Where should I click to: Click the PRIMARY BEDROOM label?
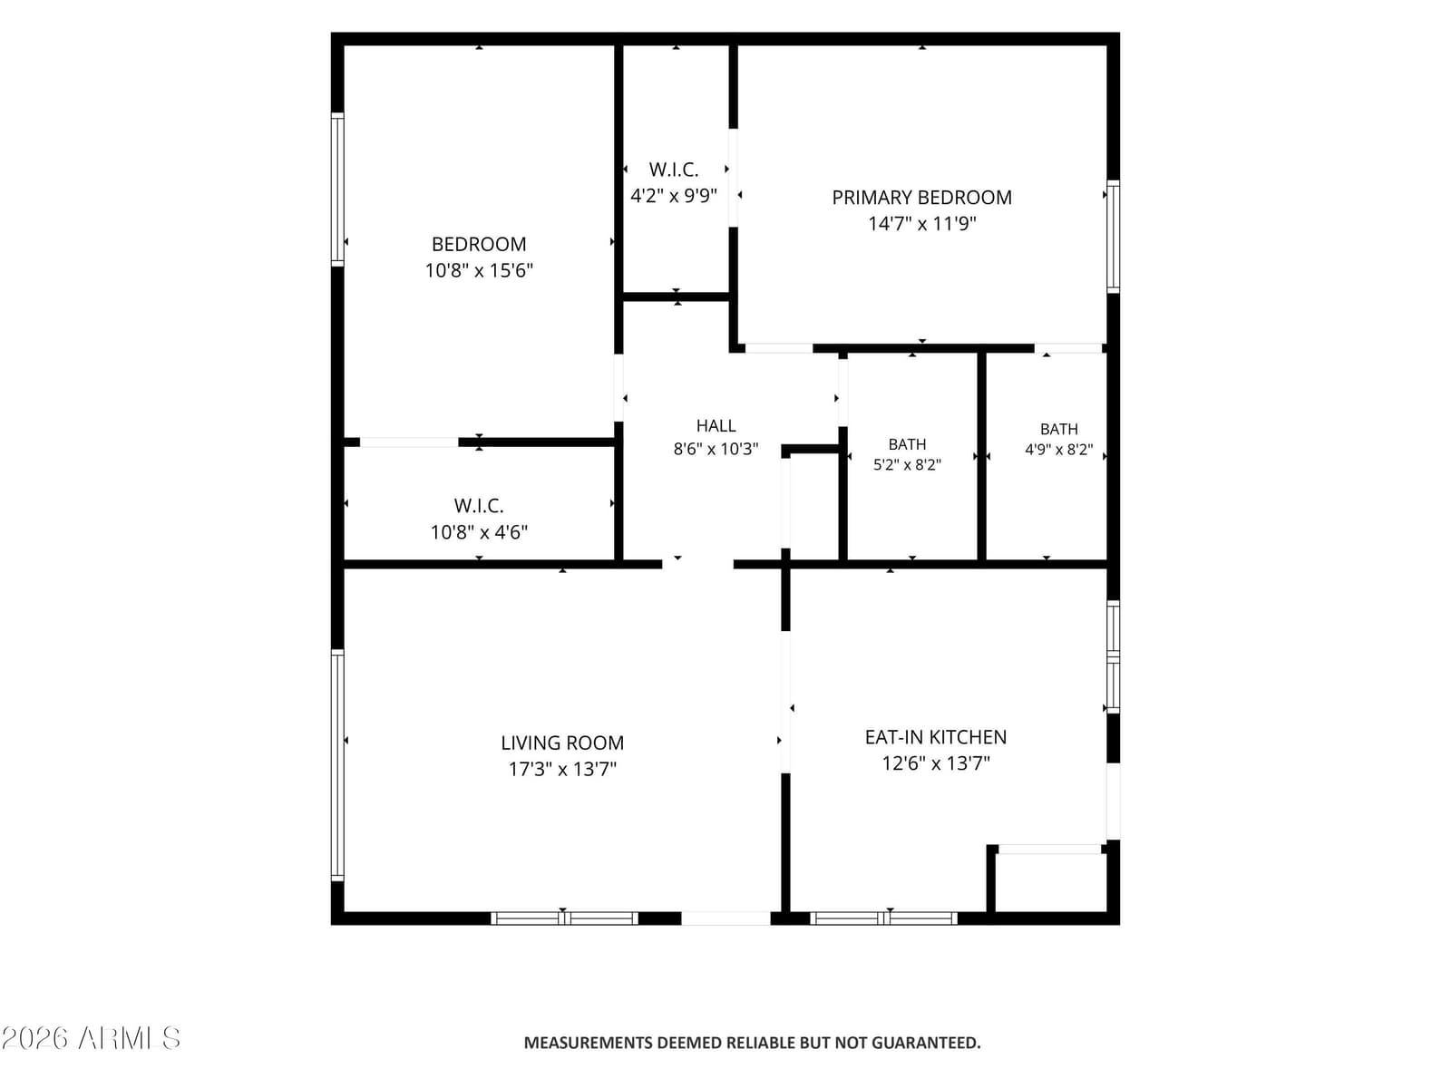[921, 198]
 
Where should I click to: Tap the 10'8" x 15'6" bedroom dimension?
[479, 271]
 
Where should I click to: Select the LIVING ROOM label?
[562, 743]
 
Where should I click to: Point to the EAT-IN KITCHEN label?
[935, 737]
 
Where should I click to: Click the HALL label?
[716, 426]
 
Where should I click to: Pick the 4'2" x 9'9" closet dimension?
[674, 196]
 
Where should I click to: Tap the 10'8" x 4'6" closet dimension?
[479, 532]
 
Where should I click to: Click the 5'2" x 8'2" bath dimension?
[907, 465]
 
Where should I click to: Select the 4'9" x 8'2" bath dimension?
[1058, 450]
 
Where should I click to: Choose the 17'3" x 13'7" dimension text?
[562, 770]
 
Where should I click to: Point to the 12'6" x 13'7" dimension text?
[935, 763]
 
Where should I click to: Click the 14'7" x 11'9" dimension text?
[921, 224]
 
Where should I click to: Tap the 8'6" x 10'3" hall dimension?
[716, 449]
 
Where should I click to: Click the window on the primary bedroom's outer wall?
[1114, 237]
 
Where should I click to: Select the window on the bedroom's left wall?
[337, 189]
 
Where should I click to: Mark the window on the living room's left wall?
[337, 765]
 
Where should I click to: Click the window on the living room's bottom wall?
[564, 918]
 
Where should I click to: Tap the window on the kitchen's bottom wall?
[884, 918]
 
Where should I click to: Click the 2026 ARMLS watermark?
[91, 1038]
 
